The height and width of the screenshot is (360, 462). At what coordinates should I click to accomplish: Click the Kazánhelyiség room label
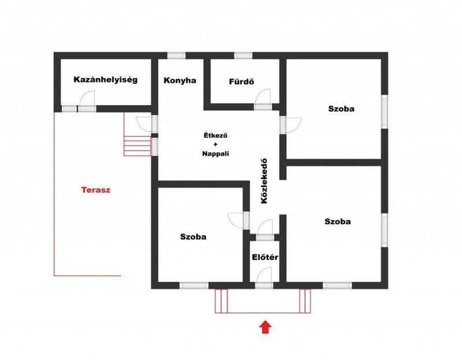106,80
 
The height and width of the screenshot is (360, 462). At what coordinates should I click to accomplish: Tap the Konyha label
180,80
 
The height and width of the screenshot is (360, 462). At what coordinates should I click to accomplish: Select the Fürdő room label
241,81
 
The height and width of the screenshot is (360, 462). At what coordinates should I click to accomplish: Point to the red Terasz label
96,190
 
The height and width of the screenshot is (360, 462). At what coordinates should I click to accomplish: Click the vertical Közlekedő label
264,181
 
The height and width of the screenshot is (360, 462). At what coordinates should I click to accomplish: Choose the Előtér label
265,257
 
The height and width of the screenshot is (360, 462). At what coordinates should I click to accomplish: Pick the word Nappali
215,154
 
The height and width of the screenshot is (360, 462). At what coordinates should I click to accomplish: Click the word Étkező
215,136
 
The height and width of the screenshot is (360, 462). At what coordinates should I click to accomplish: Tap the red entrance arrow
266,327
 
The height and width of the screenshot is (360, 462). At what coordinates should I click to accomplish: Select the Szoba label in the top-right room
341,109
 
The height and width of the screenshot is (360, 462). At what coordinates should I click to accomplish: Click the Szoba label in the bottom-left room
193,237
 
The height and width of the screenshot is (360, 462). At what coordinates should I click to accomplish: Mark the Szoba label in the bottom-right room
338,221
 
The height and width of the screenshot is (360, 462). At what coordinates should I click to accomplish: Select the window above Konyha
177,55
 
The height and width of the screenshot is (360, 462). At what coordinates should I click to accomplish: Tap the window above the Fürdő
243,55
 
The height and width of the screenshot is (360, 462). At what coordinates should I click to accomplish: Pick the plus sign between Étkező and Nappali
215,144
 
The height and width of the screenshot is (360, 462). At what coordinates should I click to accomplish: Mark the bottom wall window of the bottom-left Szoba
194,285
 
